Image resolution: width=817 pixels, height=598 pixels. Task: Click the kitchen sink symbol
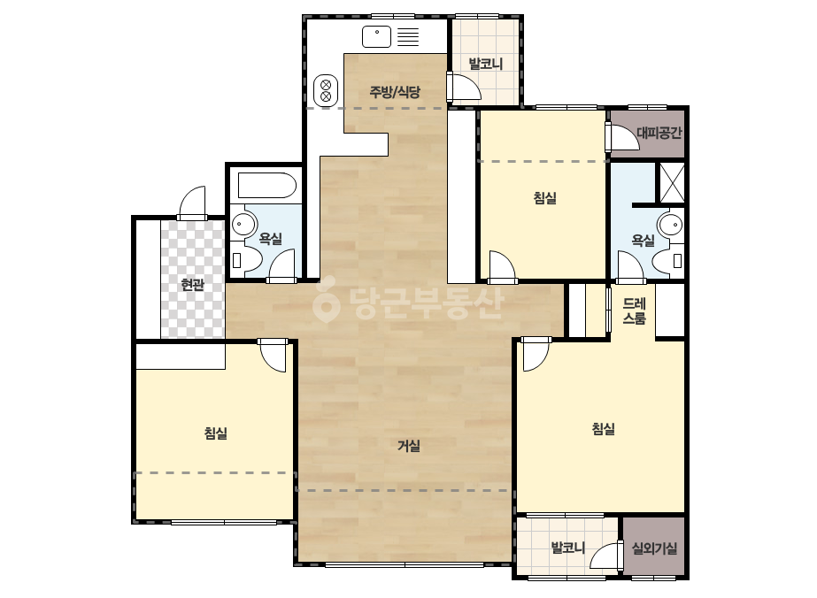pyautogui.click(x=376, y=36)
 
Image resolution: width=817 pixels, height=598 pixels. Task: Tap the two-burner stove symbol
pyautogui.click(x=326, y=90)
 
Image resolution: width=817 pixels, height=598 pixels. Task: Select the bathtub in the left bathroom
pyautogui.click(x=266, y=186)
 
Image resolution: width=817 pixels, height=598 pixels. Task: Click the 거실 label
pyautogui.click(x=409, y=446)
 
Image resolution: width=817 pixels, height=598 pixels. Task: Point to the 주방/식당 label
pyautogui.click(x=395, y=92)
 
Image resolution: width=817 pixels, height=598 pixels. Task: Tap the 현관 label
pyautogui.click(x=192, y=285)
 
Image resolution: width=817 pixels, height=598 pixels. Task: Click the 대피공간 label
pyautogui.click(x=659, y=133)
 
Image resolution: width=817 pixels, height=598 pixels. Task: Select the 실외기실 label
pyautogui.click(x=654, y=548)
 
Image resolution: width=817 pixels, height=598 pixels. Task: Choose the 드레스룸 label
pyautogui.click(x=634, y=311)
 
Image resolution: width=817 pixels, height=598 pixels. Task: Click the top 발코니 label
pyautogui.click(x=486, y=64)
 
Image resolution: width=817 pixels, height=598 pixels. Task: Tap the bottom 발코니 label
pyautogui.click(x=568, y=548)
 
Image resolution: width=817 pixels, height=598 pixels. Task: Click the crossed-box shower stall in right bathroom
pyautogui.click(x=672, y=183)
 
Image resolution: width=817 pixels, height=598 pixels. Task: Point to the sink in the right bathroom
pyautogui.click(x=670, y=226)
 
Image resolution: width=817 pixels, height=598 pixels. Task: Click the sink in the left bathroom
pyautogui.click(x=243, y=225)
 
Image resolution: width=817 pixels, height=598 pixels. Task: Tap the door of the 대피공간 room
pyautogui.click(x=622, y=137)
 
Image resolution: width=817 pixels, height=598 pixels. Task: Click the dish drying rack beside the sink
pyautogui.click(x=408, y=37)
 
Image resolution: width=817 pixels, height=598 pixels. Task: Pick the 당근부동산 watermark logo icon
pyautogui.click(x=326, y=300)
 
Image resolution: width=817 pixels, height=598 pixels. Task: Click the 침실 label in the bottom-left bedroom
pyautogui.click(x=216, y=433)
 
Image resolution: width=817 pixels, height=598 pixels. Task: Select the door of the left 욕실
pyautogui.click(x=281, y=266)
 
